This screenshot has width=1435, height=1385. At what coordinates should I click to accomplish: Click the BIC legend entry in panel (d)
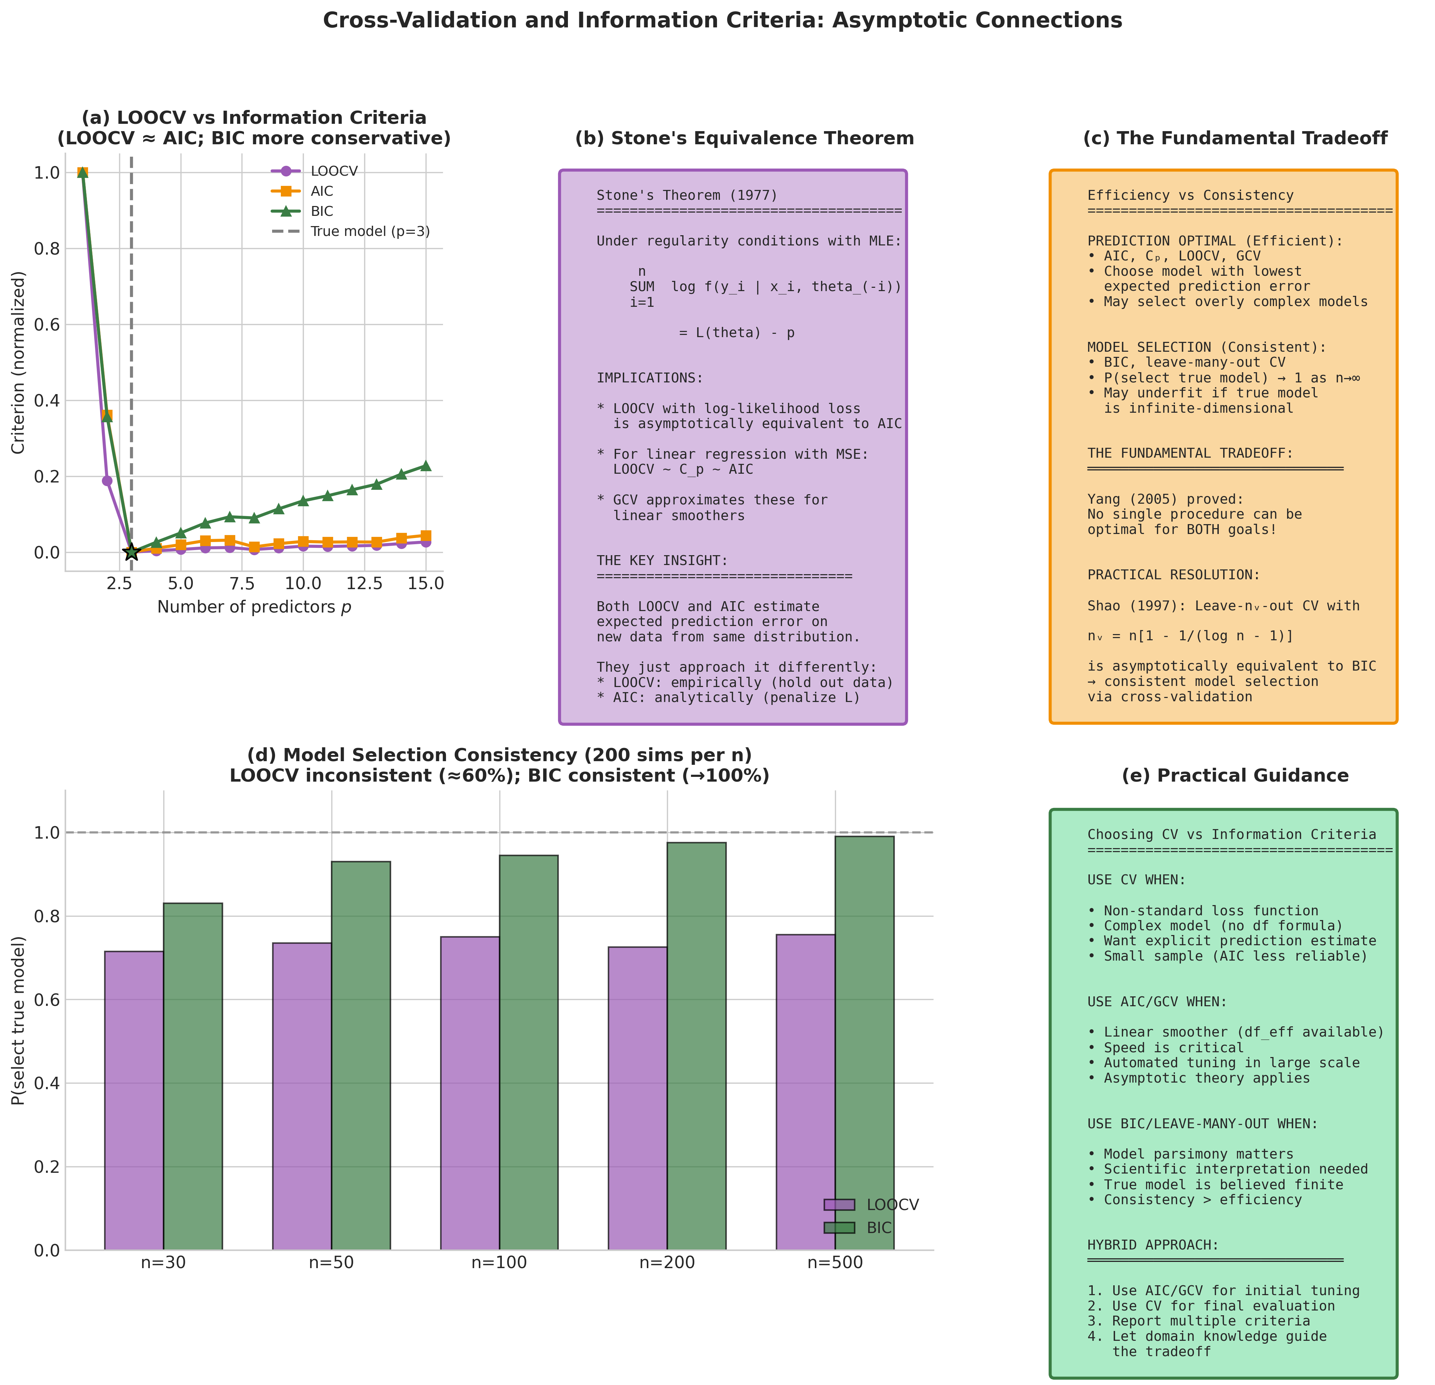879,1228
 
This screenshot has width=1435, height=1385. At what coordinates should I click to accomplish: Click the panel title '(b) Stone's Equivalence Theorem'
744,138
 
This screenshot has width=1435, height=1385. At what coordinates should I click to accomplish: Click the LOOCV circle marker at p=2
107,481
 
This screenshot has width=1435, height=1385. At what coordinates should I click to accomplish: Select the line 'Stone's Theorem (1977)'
687,195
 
